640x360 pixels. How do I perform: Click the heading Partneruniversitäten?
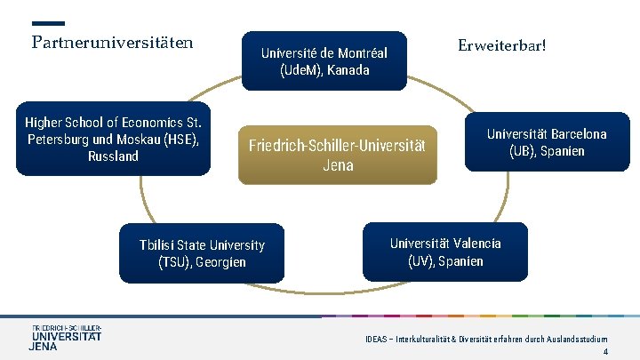pyautogui.click(x=113, y=42)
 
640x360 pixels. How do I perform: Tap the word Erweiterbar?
pyautogui.click(x=501, y=44)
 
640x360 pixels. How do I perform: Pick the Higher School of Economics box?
pyautogui.click(x=114, y=139)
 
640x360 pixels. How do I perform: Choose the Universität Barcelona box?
pyautogui.click(x=547, y=142)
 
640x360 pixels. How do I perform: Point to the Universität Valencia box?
pyautogui.click(x=445, y=252)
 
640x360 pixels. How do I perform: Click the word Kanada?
pyautogui.click(x=348, y=70)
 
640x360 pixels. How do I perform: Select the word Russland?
pyautogui.click(x=113, y=156)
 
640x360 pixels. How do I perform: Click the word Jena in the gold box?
pyautogui.click(x=338, y=165)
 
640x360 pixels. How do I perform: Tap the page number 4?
pyautogui.click(x=604, y=352)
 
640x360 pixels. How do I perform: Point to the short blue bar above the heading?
pyautogui.click(x=48, y=23)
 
